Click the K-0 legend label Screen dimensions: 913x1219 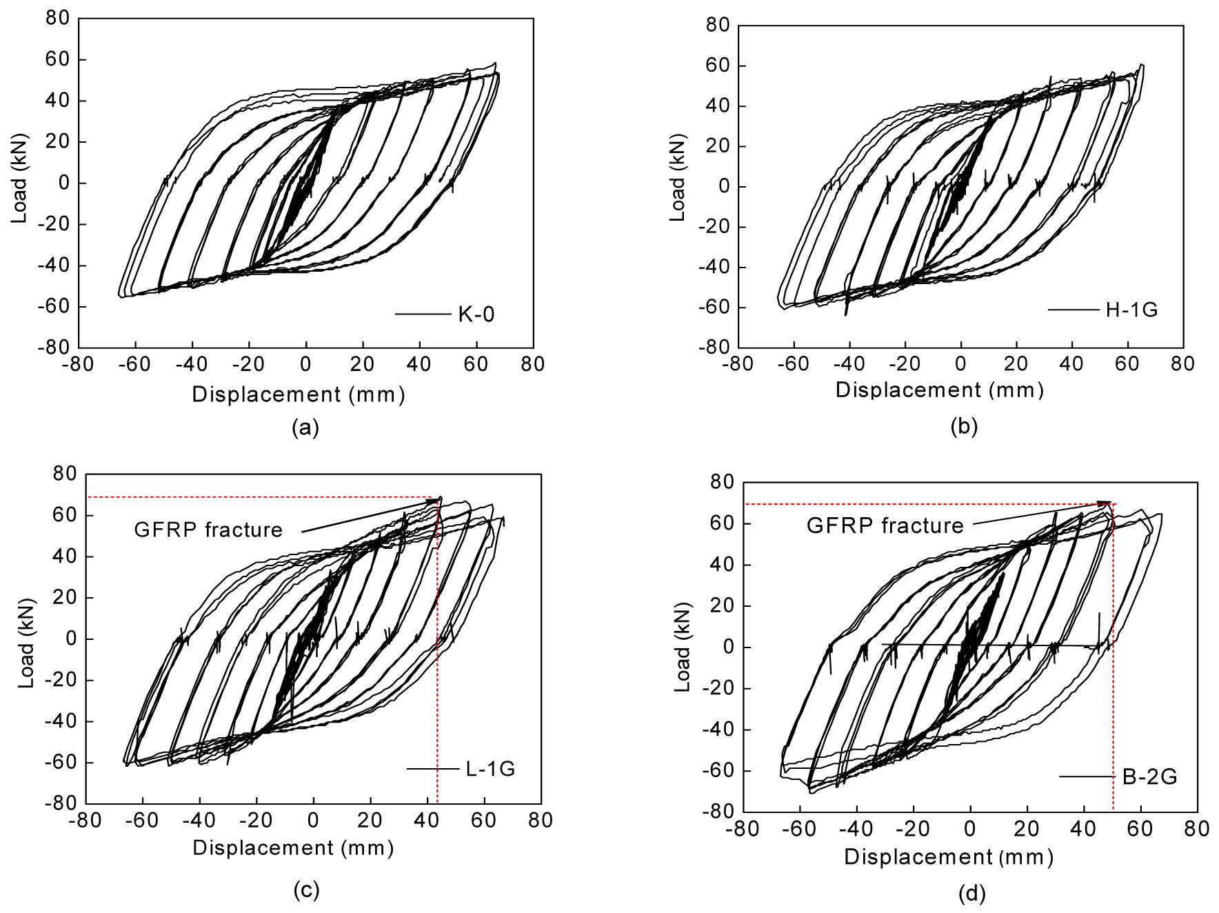coord(476,315)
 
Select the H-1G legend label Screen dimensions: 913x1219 coord(1131,310)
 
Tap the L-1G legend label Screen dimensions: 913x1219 coord(487,769)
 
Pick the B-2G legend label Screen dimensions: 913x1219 coord(1149,778)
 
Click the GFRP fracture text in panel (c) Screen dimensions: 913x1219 coord(208,530)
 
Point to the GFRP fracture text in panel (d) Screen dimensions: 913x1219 coord(885,526)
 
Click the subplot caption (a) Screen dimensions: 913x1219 coord(305,428)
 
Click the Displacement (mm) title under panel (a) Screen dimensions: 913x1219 coord(298,394)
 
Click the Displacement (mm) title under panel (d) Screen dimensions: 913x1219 coord(949,858)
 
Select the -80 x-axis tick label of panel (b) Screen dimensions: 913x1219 coord(737,363)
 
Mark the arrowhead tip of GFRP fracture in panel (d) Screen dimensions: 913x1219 coord(1111,503)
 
